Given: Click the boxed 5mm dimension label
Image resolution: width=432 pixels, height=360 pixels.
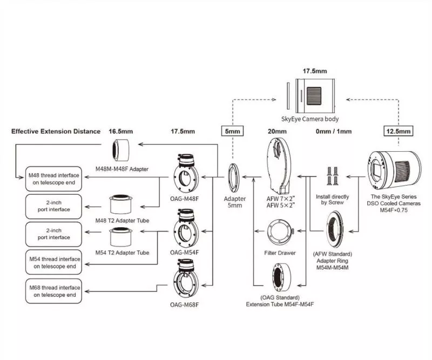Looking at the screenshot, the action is click(x=233, y=131).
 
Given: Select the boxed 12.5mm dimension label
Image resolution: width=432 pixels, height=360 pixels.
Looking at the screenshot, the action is click(x=399, y=131).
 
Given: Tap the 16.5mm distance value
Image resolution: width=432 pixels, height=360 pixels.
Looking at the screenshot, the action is click(x=120, y=131).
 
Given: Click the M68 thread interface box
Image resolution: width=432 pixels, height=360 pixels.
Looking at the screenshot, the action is click(x=53, y=291).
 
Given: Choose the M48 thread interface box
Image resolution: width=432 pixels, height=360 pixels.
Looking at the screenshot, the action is click(x=53, y=179).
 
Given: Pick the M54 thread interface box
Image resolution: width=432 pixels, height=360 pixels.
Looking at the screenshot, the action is click(x=53, y=262).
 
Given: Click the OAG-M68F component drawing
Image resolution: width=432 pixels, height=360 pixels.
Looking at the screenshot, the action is click(x=186, y=280).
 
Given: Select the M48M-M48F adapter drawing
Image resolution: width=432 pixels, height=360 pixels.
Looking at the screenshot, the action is click(x=121, y=150).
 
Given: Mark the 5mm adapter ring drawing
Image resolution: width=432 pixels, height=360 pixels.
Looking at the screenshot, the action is click(x=234, y=178).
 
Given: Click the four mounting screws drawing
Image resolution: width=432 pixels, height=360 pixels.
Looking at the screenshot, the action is click(x=332, y=176).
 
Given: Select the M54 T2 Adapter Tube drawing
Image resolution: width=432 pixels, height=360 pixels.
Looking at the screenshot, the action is click(x=120, y=237).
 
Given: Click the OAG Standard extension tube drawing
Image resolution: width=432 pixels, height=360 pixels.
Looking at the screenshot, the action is click(x=281, y=277).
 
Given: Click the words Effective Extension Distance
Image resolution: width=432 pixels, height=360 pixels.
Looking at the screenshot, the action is click(x=56, y=131).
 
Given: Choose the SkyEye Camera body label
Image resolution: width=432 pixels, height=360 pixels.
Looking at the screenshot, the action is click(x=310, y=119).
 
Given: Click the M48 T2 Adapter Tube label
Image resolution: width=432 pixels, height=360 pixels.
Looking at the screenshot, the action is click(x=122, y=221).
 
